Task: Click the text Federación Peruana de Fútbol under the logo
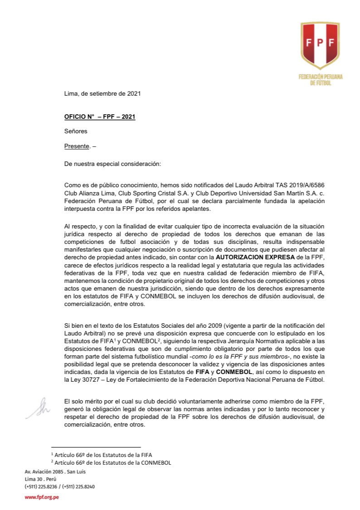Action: (x=321, y=80)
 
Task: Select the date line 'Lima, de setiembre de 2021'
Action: (x=102, y=94)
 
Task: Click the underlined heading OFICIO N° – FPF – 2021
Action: (x=100, y=117)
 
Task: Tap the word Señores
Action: (x=76, y=131)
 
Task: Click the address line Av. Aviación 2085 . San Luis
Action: (x=55, y=472)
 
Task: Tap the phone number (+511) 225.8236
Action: (x=41, y=486)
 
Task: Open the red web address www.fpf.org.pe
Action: (x=42, y=498)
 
